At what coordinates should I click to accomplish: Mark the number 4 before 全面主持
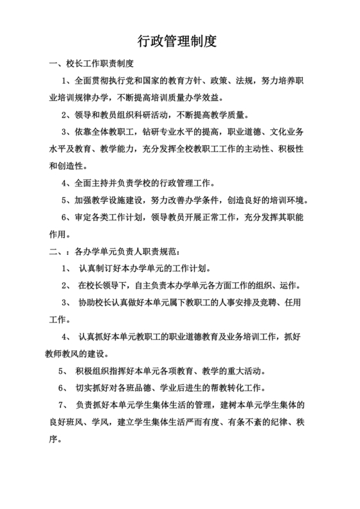coord(64,183)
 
